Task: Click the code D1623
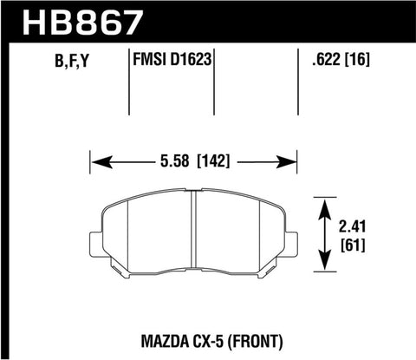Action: (193, 61)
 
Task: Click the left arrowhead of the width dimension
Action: (98, 160)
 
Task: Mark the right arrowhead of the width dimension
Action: (291, 160)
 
